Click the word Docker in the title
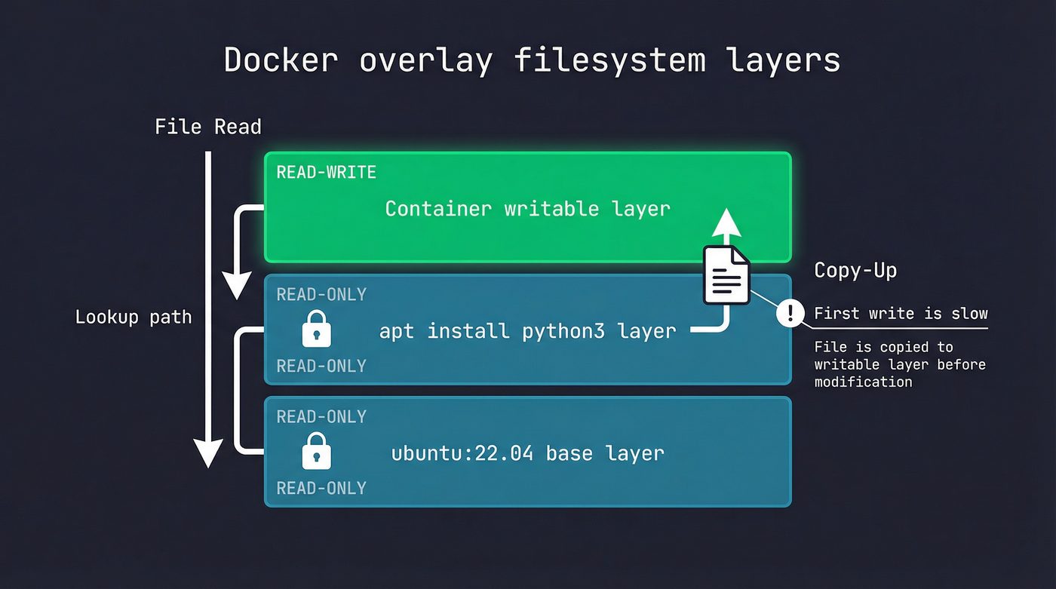(281, 60)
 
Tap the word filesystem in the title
(609, 60)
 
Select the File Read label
(208, 127)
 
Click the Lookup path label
(134, 317)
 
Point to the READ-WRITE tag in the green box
(326, 172)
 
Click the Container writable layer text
(527, 209)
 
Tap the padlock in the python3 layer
(316, 329)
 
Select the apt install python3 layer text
(527, 330)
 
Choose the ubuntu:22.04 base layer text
(527, 453)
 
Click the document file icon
(726, 275)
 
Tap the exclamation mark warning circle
(790, 312)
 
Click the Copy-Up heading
(855, 271)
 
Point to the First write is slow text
(901, 314)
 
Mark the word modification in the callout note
(863, 382)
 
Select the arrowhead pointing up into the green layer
(727, 223)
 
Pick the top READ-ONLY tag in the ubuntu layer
(321, 416)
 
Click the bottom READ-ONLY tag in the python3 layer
(321, 366)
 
